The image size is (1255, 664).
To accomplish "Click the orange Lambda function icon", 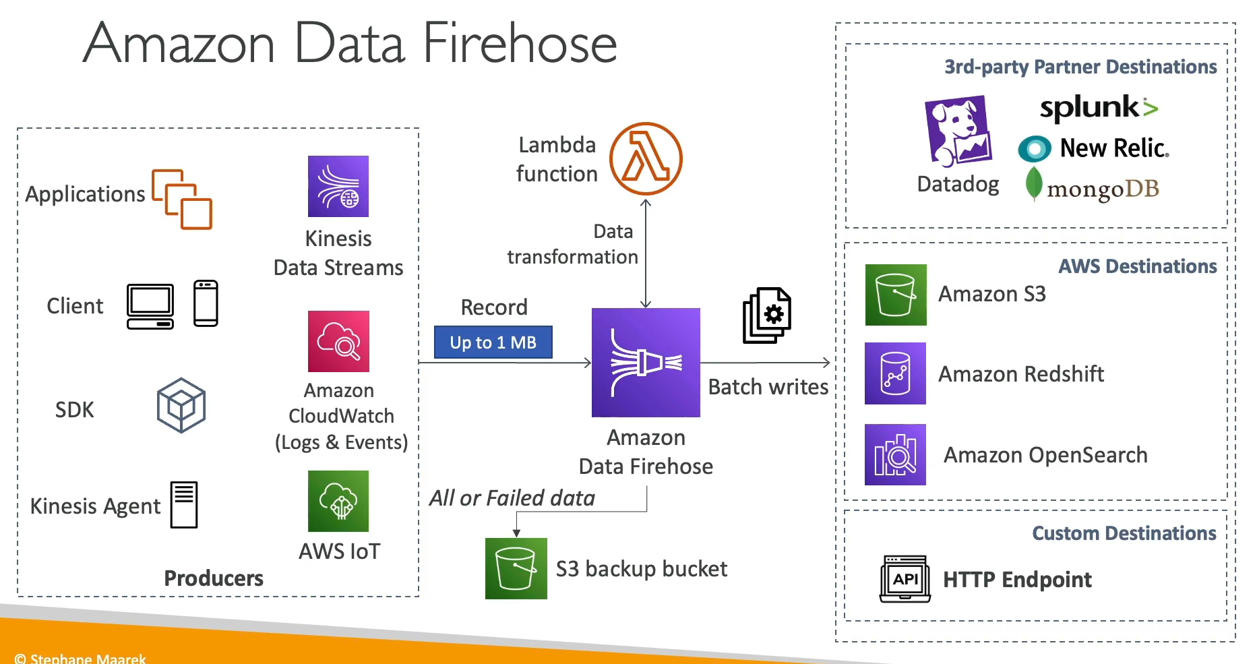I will point(646,159).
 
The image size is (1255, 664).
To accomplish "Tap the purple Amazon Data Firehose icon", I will point(646,362).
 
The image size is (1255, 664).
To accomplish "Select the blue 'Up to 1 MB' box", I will point(493,342).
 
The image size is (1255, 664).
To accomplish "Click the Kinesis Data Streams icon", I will point(338,187).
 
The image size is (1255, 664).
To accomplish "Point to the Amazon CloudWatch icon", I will point(338,341).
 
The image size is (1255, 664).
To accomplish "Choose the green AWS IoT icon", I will point(338,501).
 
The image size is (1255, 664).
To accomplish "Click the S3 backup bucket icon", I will point(516,568).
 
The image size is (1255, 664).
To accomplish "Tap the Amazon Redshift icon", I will point(895,373).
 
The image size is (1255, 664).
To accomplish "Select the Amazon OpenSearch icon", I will point(895,454).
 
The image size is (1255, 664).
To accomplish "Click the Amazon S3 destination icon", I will point(896,295).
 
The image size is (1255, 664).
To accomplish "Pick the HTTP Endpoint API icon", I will point(905,579).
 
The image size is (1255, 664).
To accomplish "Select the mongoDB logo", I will point(1092,187).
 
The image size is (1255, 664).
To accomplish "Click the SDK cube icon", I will point(181,405).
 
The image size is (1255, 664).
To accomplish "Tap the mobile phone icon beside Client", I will point(206,303).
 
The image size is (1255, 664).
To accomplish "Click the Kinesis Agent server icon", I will point(184,504).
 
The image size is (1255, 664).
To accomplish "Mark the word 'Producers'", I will point(214,578).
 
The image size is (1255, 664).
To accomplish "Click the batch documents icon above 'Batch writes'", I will point(767,315).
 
